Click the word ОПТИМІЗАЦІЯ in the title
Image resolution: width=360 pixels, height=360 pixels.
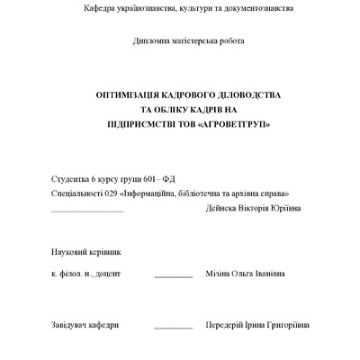pyautogui.click(x=130, y=94)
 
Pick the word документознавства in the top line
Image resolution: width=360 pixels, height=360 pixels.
pyautogui.click(x=257, y=8)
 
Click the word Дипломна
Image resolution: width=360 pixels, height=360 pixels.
pyautogui.click(x=151, y=41)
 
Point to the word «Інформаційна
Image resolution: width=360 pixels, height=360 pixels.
pyautogui.click(x=149, y=193)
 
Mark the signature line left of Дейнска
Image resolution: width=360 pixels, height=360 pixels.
pyautogui.click(x=87, y=211)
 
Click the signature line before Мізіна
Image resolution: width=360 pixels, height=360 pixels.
pyautogui.click(x=173, y=274)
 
